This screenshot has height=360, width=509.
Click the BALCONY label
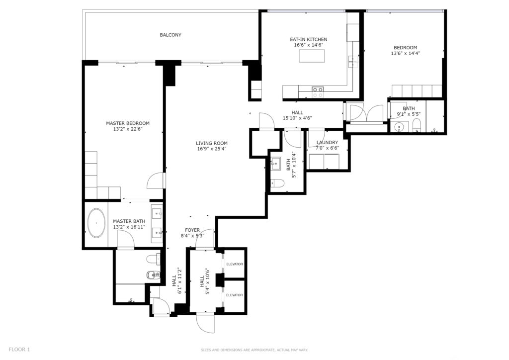170,35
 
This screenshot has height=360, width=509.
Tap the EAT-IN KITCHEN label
308,40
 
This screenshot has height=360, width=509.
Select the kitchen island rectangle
312,56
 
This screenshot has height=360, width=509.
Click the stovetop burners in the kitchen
318,92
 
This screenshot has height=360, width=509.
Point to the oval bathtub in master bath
96,223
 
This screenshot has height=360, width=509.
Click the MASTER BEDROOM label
128,123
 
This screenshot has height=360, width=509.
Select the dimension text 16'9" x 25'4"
212,149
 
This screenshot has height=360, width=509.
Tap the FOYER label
192,230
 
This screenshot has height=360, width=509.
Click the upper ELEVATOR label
235,264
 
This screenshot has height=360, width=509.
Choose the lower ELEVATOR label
235,295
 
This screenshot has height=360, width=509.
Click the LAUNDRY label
327,143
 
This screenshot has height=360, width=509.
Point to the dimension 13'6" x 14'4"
406,54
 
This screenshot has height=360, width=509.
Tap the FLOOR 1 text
19,350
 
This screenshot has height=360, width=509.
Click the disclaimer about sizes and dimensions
254,350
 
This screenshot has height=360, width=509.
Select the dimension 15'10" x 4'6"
297,118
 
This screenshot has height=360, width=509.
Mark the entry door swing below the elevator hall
205,323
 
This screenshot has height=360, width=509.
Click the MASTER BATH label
129,221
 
